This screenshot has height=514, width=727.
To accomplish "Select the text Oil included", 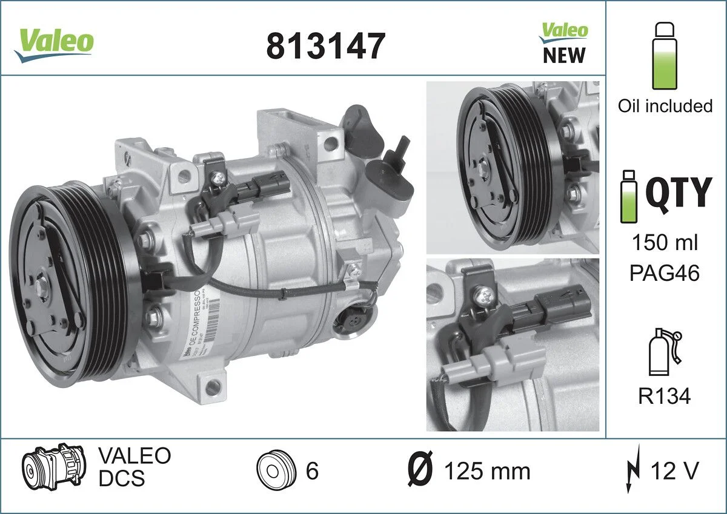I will click(665, 106).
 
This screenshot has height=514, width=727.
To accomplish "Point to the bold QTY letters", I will click(677, 193).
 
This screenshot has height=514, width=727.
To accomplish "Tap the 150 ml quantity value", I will click(665, 243).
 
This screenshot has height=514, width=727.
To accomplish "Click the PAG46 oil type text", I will click(665, 272).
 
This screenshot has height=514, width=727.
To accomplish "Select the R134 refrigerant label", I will click(665, 397).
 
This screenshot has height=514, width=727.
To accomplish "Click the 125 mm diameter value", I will click(486, 471).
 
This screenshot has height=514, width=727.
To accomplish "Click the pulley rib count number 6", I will click(312, 471).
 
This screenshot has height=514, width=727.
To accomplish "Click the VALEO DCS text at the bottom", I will click(134, 467).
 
